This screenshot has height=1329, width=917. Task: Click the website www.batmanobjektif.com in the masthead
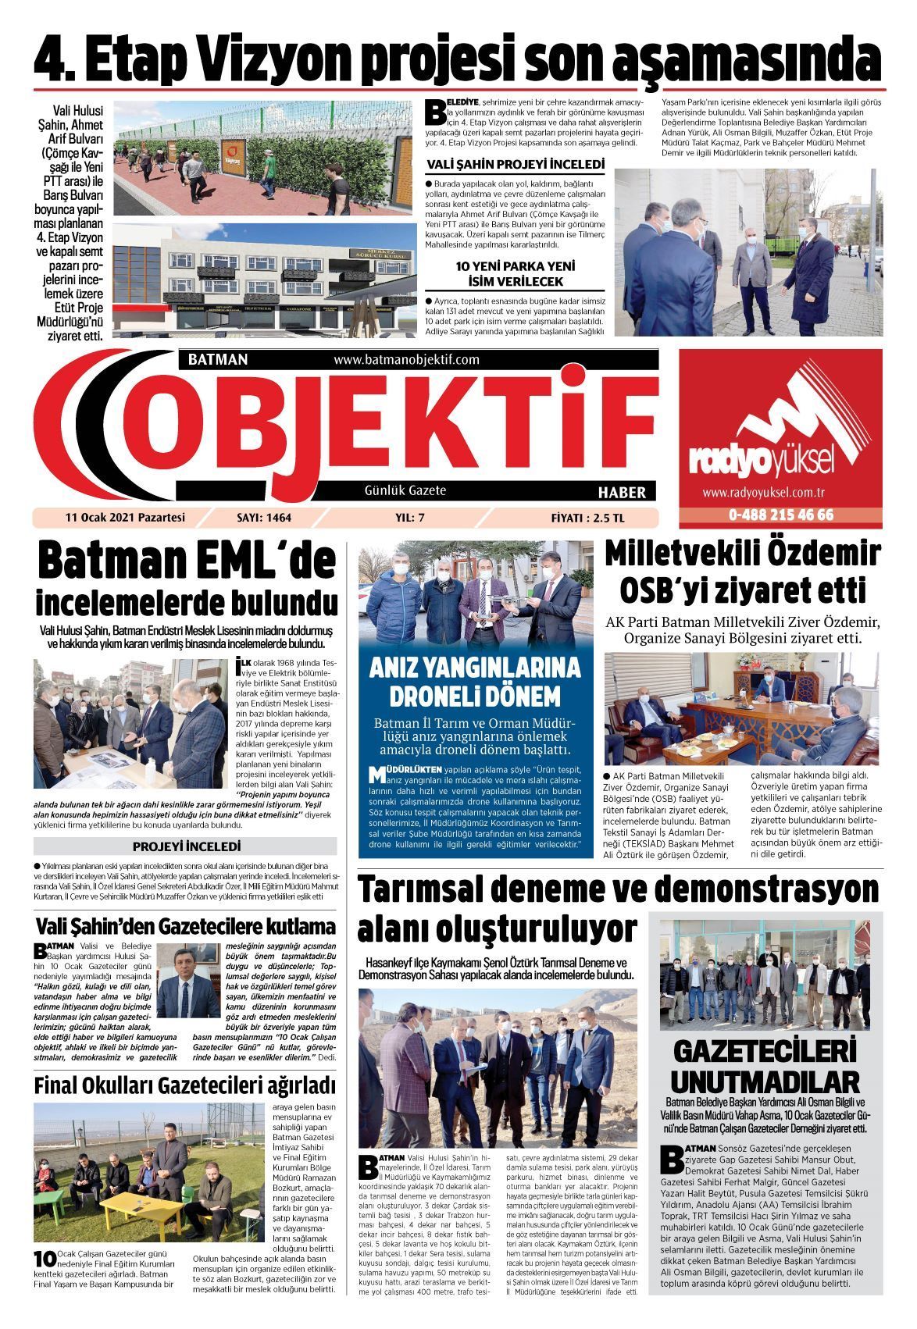click(x=405, y=360)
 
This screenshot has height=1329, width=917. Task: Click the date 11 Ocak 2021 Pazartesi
click(x=125, y=517)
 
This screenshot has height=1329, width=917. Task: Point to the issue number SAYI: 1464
click(x=263, y=517)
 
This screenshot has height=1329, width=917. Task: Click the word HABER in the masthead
click(x=622, y=493)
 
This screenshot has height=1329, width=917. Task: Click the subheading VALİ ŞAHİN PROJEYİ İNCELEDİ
click(x=516, y=166)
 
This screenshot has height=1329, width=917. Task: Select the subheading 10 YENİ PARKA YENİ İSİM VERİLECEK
click(x=516, y=273)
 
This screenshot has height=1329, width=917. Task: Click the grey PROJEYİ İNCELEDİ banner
click(x=186, y=846)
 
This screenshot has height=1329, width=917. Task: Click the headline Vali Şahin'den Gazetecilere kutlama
click(x=186, y=927)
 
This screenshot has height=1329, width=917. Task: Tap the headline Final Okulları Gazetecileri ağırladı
click(x=185, y=1085)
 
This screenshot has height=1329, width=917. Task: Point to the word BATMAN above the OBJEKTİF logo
click(x=218, y=360)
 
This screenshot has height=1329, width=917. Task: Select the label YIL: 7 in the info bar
click(x=411, y=517)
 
